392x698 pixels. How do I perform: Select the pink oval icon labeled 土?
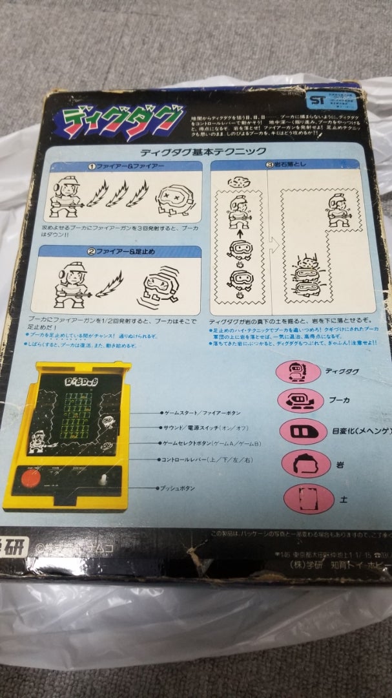pyautogui.click(x=300, y=498)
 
